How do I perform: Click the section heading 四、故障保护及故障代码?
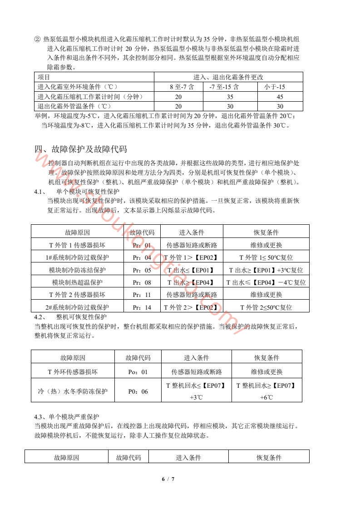click(80, 148)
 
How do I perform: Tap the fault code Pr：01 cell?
click(142, 245)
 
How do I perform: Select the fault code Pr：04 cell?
click(142, 257)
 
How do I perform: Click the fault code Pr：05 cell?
click(142, 270)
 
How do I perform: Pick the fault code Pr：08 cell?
click(142, 282)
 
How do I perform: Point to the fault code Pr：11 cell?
click(142, 295)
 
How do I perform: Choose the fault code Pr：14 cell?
click(142, 307)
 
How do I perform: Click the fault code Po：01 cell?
click(138, 372)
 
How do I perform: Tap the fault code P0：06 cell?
click(138, 391)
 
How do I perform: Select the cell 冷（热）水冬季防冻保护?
click(73, 391)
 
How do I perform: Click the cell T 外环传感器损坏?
click(73, 372)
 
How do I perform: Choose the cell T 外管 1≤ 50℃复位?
click(266, 257)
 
